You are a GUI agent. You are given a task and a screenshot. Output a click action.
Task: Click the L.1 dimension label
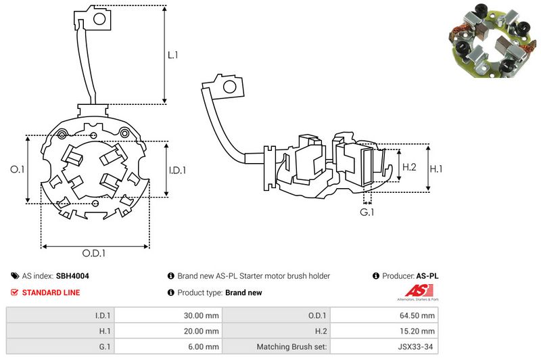172,55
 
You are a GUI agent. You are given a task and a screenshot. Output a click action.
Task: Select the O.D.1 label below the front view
95,254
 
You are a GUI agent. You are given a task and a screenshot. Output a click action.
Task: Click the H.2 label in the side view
409,166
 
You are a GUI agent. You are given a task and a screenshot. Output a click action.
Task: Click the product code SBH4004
72,276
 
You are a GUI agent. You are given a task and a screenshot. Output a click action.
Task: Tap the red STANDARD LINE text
51,292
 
